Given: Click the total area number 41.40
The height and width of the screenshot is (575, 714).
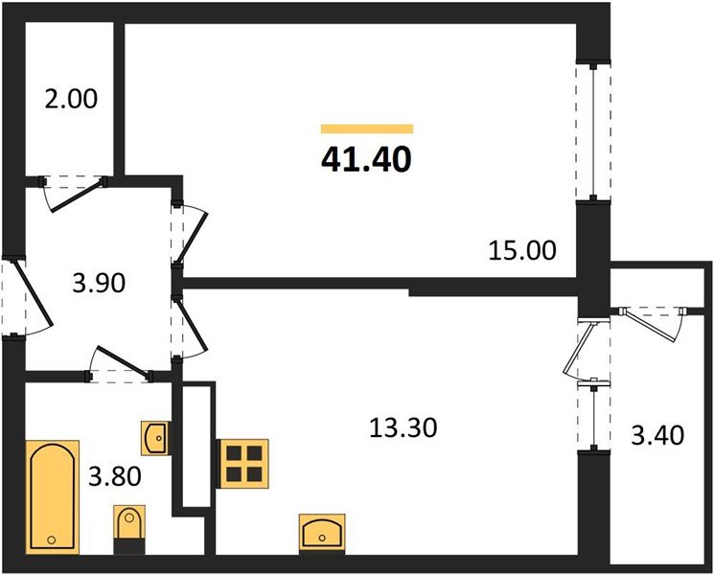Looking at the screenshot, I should (x=367, y=158).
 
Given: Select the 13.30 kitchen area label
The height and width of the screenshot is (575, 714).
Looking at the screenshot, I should (x=403, y=427).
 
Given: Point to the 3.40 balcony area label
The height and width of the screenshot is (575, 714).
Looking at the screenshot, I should (x=657, y=437).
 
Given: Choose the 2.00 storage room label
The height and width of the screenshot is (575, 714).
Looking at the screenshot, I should (x=70, y=99).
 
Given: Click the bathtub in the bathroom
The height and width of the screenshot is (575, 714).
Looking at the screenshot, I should (x=53, y=495).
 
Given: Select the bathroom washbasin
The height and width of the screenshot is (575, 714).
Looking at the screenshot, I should (x=154, y=437).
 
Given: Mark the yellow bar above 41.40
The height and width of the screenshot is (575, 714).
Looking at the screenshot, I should (x=367, y=127).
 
